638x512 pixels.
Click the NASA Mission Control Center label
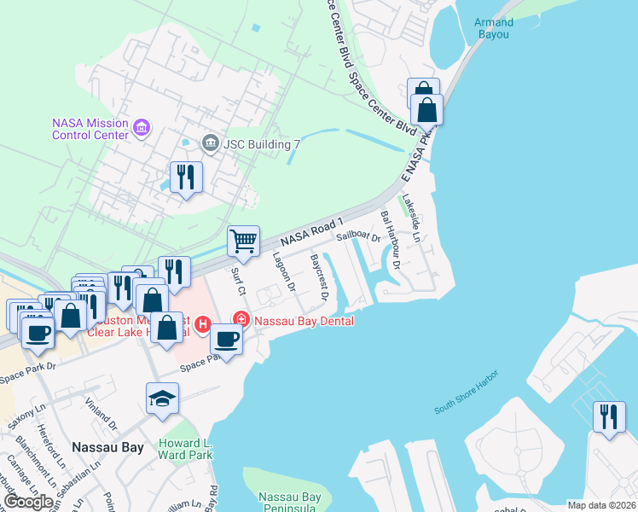[x=90, y=128]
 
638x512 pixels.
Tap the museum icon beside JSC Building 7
[x=208, y=143]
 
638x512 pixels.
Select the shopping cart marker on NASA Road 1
[x=244, y=241]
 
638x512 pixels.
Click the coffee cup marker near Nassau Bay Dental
[x=227, y=339]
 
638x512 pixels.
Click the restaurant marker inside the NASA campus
[x=185, y=177]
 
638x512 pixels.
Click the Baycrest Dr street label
[x=319, y=276]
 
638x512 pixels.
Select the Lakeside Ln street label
[x=412, y=214]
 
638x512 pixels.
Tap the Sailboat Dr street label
[x=357, y=236]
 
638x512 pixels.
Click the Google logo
[x=28, y=502]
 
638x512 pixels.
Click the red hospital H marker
[x=203, y=324]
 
